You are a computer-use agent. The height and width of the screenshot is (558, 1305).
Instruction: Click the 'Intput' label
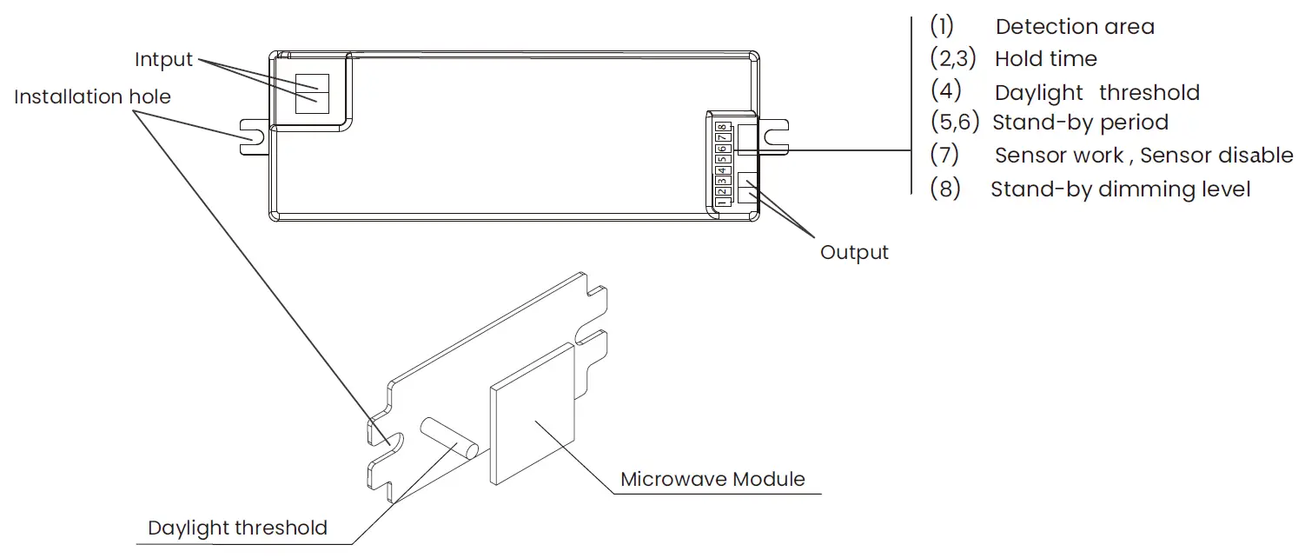[163, 60]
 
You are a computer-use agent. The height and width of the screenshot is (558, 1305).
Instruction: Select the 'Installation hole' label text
[92, 96]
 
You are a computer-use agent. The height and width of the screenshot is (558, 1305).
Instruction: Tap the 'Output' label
[854, 253]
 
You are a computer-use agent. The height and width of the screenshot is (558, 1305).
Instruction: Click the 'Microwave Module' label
[712, 479]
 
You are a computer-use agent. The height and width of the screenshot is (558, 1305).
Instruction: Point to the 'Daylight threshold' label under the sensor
[237, 528]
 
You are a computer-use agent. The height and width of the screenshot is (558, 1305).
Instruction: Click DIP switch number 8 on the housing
[721, 128]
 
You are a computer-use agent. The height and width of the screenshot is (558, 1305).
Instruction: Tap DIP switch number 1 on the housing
[721, 202]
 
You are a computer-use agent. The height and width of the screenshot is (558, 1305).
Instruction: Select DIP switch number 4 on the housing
[721, 170]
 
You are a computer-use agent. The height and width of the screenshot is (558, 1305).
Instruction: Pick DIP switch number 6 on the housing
[721, 149]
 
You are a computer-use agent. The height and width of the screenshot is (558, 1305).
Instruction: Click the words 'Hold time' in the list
[1045, 59]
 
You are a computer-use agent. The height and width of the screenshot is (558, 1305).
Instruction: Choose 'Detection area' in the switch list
[1075, 27]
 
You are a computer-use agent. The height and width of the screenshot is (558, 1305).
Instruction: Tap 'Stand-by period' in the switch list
[1080, 123]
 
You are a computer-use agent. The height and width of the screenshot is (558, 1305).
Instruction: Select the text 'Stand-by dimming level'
[1120, 189]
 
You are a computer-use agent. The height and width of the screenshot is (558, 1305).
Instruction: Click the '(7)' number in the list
[944, 156]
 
